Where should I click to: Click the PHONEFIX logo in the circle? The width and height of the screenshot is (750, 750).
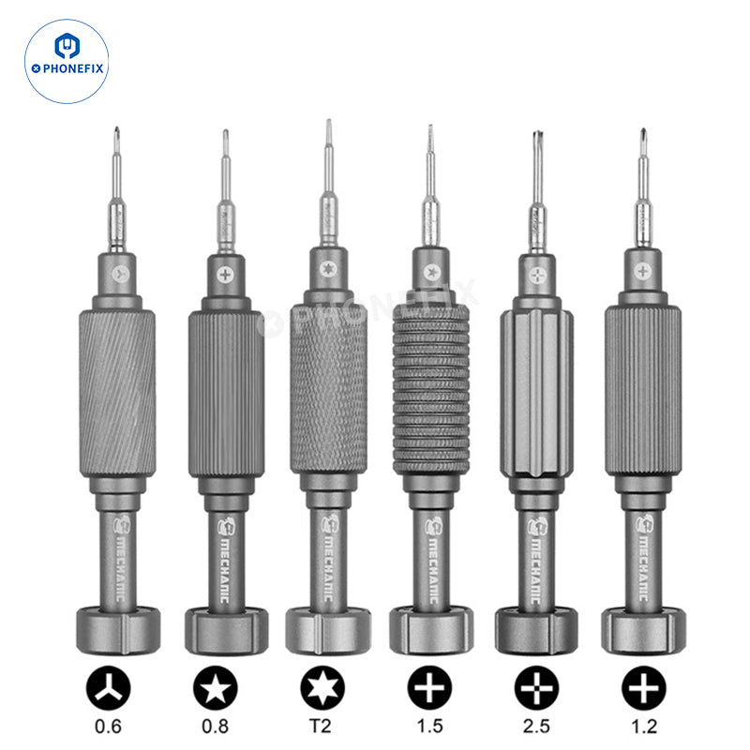tap(67, 61)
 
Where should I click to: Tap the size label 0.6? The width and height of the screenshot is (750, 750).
tap(108, 726)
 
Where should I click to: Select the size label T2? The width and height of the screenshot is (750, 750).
tap(321, 726)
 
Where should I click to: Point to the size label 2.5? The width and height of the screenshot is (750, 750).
tap(536, 726)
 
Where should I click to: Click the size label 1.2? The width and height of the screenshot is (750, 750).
tap(644, 726)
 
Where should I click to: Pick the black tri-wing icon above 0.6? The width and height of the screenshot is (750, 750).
tap(108, 688)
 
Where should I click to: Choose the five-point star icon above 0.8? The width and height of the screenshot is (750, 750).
tap(216, 688)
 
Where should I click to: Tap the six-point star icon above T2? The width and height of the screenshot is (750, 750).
tap(322, 688)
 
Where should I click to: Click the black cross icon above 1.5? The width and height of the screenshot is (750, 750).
tap(429, 688)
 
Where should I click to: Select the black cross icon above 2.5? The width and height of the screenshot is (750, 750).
tap(536, 688)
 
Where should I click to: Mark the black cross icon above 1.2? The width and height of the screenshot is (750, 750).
tap(644, 688)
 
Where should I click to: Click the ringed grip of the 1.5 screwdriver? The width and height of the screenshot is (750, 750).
tap(431, 389)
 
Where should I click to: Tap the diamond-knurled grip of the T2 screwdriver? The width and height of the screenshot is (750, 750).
tap(329, 388)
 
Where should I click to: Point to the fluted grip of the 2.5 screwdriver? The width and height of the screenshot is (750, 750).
tap(536, 393)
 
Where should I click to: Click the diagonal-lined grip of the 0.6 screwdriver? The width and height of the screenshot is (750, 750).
tap(117, 393)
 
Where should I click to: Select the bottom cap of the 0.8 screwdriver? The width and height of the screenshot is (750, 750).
tap(226, 631)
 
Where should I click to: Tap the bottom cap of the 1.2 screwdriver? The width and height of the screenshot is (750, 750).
tap(643, 630)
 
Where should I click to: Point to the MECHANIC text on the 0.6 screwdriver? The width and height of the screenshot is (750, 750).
tap(120, 569)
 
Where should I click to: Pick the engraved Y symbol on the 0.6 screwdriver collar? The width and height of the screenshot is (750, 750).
tap(121, 274)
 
